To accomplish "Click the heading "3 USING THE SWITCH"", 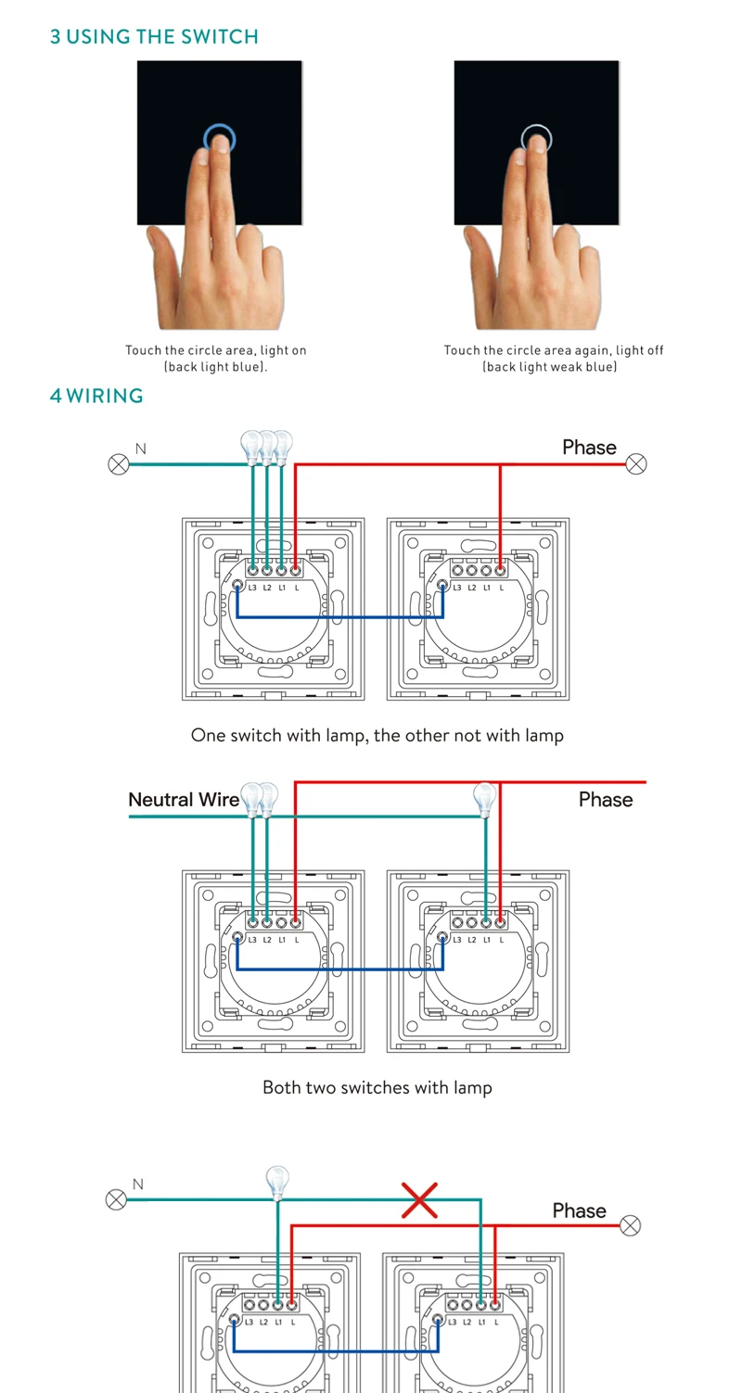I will [x=154, y=37].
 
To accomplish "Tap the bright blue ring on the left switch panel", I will [x=219, y=139].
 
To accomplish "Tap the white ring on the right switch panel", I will [x=536, y=139].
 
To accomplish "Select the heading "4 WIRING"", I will [x=96, y=396].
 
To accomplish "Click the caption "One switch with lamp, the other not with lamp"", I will [x=377, y=735].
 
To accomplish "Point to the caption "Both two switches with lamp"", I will [x=377, y=1087].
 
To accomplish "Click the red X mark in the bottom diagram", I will [x=420, y=1200].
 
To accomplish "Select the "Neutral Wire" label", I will [x=184, y=799].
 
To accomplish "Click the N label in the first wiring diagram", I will [x=141, y=450].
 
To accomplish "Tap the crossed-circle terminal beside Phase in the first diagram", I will [x=636, y=463].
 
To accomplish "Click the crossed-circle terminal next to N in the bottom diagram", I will [x=116, y=1200].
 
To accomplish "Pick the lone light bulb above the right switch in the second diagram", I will [x=484, y=797].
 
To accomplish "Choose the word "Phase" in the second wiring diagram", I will [x=606, y=799].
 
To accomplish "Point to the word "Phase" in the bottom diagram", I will [x=579, y=1210].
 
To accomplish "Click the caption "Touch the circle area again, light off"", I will [x=553, y=350].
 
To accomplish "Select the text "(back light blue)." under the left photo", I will [x=216, y=367].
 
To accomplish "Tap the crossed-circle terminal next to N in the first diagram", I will [x=119, y=463].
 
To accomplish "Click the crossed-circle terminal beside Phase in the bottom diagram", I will [x=630, y=1225].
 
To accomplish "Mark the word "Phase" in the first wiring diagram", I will [x=589, y=448].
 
